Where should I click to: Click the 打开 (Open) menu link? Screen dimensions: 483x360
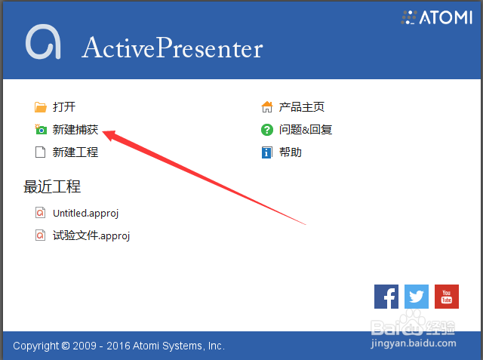click(x=64, y=107)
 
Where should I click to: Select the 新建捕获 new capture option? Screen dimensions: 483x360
click(x=75, y=130)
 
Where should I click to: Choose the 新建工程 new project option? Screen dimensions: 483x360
click(x=75, y=152)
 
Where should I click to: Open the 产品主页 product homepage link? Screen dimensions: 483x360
click(x=302, y=107)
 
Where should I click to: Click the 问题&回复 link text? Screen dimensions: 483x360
click(x=306, y=130)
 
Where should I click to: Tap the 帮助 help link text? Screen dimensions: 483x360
click(x=290, y=152)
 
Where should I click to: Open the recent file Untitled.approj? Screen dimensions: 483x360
click(x=85, y=214)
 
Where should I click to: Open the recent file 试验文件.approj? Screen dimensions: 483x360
click(x=91, y=236)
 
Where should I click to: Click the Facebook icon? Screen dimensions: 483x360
click(x=386, y=297)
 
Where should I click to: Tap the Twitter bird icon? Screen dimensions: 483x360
click(x=417, y=297)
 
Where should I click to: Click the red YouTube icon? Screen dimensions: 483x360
click(x=447, y=297)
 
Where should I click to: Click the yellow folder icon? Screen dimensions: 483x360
click(x=40, y=107)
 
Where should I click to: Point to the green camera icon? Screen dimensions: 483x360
click(x=41, y=130)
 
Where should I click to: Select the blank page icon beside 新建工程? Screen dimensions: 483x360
click(x=40, y=152)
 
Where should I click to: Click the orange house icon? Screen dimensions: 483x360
click(x=267, y=107)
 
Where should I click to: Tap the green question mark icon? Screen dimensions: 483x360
click(x=267, y=130)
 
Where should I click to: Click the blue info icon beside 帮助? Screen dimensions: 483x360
click(x=266, y=152)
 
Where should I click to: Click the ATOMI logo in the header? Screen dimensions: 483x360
click(x=436, y=17)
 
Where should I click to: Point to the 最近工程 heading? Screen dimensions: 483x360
click(x=52, y=186)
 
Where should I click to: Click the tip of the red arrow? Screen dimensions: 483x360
click(x=103, y=132)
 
